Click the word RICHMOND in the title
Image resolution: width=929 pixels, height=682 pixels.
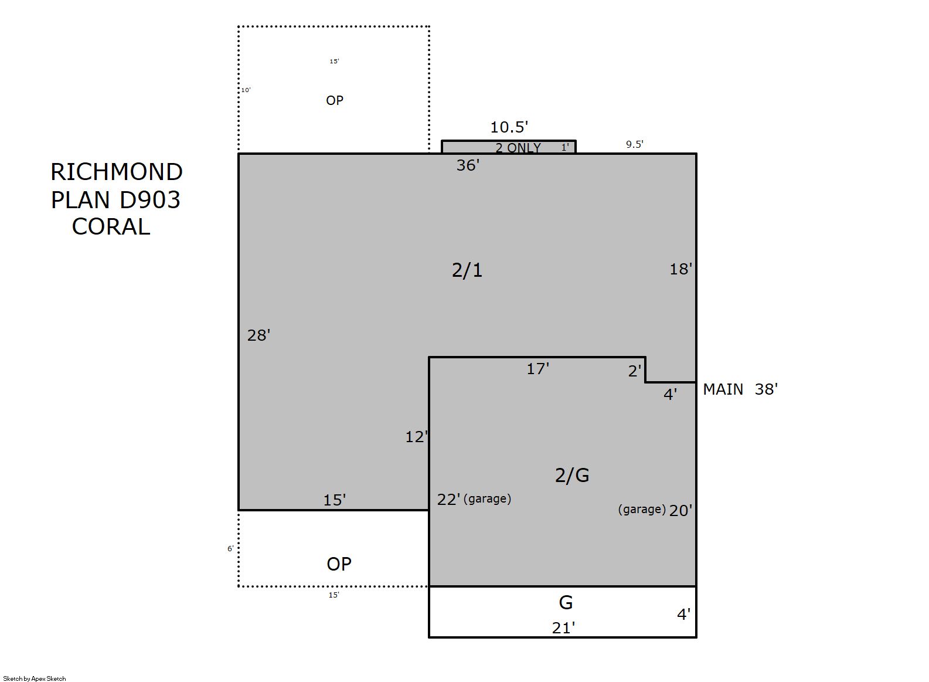(117, 172)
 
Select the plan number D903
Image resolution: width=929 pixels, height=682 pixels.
(150, 199)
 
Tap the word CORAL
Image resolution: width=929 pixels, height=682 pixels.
(111, 226)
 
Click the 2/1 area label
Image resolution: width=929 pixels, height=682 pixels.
(467, 270)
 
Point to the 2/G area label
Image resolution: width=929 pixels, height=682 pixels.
(572, 475)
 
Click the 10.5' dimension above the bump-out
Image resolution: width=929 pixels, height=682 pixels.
(509, 127)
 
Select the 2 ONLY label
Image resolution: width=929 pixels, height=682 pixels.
(518, 148)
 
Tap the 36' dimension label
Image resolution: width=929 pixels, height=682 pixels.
(468, 165)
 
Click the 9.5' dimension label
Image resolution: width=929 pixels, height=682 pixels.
(635, 144)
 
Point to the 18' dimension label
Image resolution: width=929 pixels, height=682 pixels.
(681, 269)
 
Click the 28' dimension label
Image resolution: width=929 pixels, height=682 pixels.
(259, 335)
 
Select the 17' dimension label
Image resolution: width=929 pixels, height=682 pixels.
(538, 369)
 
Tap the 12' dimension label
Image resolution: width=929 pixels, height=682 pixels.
(416, 437)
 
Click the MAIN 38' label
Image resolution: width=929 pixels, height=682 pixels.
(740, 389)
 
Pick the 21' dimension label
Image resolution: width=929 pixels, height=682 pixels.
(563, 628)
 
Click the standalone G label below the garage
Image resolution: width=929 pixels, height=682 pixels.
(566, 602)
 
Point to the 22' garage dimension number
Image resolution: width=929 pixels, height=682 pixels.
(449, 500)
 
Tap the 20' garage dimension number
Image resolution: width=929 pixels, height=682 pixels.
(680, 511)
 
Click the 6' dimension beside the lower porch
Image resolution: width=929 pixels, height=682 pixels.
(230, 548)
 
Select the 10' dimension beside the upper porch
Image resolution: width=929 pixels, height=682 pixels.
(246, 90)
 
